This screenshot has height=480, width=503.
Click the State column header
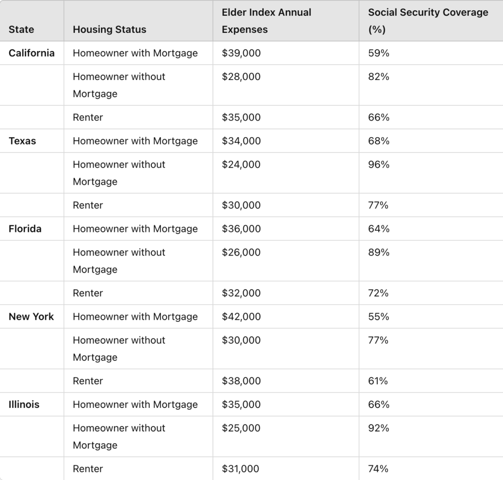(x=21, y=29)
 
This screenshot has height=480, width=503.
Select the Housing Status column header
(x=110, y=29)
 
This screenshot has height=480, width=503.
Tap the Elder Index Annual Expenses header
(x=266, y=21)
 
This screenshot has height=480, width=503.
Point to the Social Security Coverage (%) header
(x=428, y=21)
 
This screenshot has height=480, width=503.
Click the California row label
(x=31, y=53)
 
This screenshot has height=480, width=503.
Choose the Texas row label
(x=22, y=141)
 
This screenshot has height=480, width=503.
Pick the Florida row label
(x=25, y=229)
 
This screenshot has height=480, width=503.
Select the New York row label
(x=31, y=317)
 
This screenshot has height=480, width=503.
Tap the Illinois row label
(x=24, y=404)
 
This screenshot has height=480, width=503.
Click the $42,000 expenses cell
(x=241, y=317)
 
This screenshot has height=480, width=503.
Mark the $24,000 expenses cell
(x=241, y=165)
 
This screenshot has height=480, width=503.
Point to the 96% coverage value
(x=379, y=165)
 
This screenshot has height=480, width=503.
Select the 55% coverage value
(x=379, y=317)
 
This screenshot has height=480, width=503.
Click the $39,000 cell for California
(x=241, y=53)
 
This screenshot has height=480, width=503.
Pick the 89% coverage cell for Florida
(x=379, y=253)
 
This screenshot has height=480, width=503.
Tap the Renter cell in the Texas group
(x=88, y=205)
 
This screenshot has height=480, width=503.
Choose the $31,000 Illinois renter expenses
(x=240, y=469)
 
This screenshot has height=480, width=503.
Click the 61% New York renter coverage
(x=378, y=381)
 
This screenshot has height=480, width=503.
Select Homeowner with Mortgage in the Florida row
(x=135, y=229)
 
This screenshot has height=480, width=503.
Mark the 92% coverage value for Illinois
(x=379, y=428)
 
